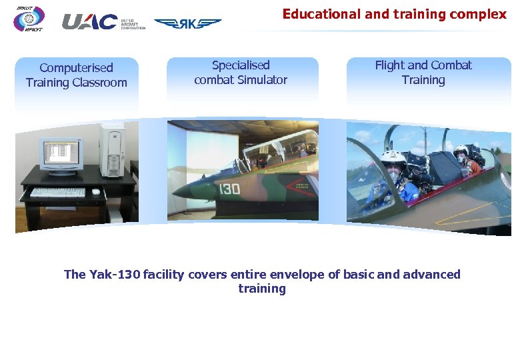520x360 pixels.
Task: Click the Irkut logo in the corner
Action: click(x=29, y=19)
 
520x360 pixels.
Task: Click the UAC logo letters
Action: click(x=89, y=22)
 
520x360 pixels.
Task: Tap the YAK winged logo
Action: click(x=187, y=23)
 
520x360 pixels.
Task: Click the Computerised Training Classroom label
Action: click(x=76, y=75)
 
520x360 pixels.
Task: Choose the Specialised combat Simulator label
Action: click(x=241, y=73)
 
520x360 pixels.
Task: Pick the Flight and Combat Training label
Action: click(x=423, y=73)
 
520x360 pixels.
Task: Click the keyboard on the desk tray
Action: click(x=58, y=192)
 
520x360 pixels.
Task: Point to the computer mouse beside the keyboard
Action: click(x=96, y=192)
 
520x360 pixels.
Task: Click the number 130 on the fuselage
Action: click(x=229, y=189)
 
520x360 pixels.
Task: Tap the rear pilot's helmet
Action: click(x=461, y=153)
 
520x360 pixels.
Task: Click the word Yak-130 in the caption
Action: click(x=113, y=275)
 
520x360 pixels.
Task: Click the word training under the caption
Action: click(x=262, y=289)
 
